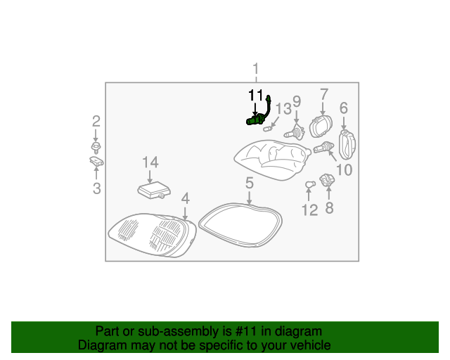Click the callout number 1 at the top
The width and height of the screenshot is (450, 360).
point(256,69)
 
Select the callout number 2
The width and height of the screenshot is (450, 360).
point(96,121)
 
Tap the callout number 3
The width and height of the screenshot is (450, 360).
point(96,188)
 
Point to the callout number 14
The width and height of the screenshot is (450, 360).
point(150,162)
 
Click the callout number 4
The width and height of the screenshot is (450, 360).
point(185,199)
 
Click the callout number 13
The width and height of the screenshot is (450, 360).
point(283,109)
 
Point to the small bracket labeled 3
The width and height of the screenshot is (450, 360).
point(96,162)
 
